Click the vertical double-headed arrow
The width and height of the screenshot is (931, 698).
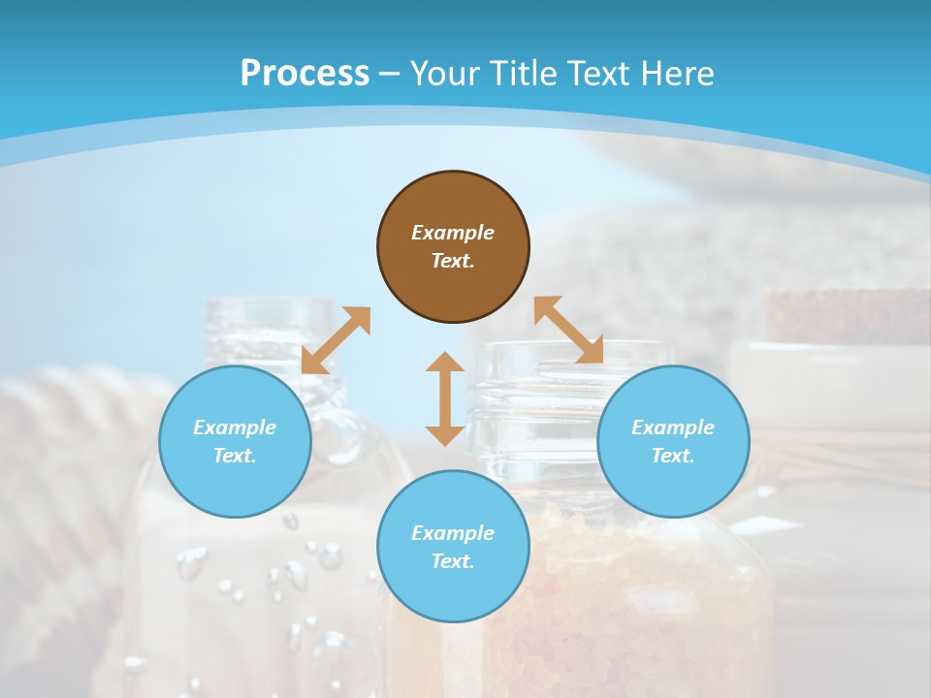point(445,398)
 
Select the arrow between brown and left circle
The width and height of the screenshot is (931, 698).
point(336,339)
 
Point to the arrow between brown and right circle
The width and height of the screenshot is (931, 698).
point(568,330)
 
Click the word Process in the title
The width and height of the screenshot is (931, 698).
point(305,73)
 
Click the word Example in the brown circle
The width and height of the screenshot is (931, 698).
point(453,233)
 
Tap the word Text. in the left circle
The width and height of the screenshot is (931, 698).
point(235,456)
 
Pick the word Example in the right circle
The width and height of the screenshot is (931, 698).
point(673,428)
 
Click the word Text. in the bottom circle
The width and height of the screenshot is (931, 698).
point(453,561)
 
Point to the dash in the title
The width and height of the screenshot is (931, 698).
point(389,74)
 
